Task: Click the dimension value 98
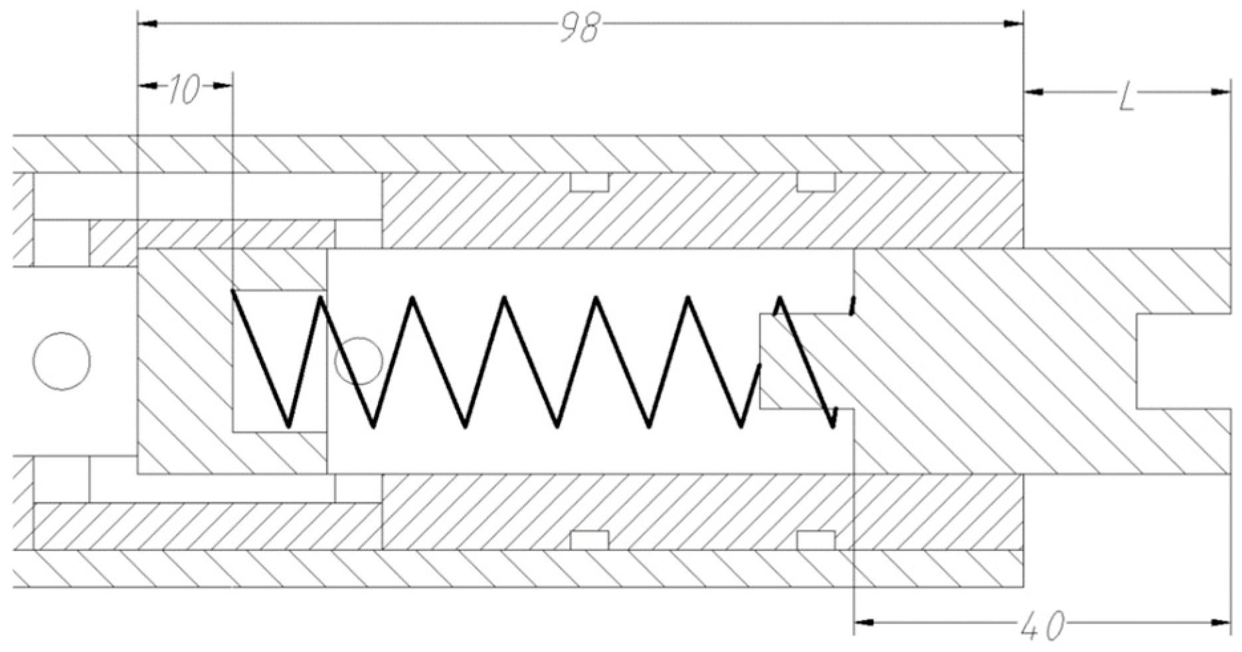pyautogui.click(x=579, y=28)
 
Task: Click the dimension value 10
pyautogui.click(x=183, y=90)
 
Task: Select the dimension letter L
pyautogui.click(x=1126, y=98)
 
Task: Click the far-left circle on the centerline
pyautogui.click(x=62, y=361)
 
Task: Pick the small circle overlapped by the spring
pyautogui.click(x=359, y=361)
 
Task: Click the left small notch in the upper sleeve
pyautogui.click(x=589, y=182)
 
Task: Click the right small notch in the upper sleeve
pyautogui.click(x=816, y=182)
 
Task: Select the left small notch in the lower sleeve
pyautogui.click(x=589, y=540)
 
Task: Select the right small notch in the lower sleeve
pyautogui.click(x=816, y=540)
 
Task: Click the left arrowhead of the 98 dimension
pyautogui.click(x=147, y=24)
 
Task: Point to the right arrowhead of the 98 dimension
pyautogui.click(x=1012, y=24)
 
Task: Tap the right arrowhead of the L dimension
pyautogui.click(x=1221, y=92)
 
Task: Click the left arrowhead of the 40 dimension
pyautogui.click(x=864, y=623)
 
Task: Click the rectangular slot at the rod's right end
pyautogui.click(x=1182, y=361)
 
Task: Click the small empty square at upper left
pyautogui.click(x=60, y=243)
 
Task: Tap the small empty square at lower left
pyautogui.click(x=60, y=479)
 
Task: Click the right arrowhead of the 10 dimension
pyautogui.click(x=223, y=86)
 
